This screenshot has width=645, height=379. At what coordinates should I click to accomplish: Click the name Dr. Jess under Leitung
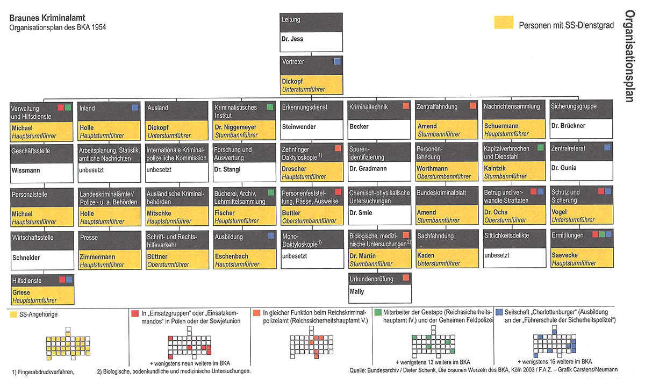[x=293, y=39]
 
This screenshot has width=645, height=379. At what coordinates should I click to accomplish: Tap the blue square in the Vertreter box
[x=337, y=61]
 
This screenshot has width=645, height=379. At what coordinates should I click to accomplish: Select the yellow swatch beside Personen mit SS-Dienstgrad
[x=503, y=22]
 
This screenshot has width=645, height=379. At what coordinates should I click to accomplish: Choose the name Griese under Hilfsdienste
[x=21, y=293]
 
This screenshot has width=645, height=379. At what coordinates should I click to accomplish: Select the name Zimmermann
[x=97, y=257]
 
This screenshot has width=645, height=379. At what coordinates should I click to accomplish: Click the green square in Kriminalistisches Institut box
[x=270, y=108]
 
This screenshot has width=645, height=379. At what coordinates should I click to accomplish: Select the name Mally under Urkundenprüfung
[x=357, y=291]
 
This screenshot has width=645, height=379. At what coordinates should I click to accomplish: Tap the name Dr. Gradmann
[x=369, y=168]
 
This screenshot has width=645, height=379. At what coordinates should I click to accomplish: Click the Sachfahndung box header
[x=435, y=236]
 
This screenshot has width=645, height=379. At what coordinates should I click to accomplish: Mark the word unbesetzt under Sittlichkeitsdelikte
[x=497, y=255]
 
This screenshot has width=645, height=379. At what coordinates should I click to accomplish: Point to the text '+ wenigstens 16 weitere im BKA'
[x=555, y=361]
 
